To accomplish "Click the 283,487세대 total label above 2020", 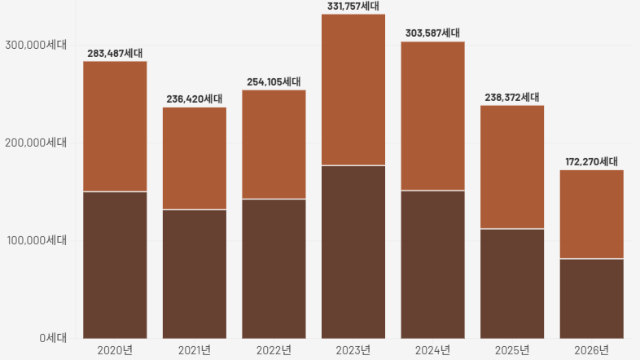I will pyautogui.click(x=115, y=54).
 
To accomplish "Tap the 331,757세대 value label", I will pyautogui.click(x=353, y=7).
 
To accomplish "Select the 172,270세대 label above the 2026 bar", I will pyautogui.click(x=592, y=162).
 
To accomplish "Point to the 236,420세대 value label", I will pyautogui.click(x=195, y=99).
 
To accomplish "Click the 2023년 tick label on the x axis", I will pyautogui.click(x=353, y=350).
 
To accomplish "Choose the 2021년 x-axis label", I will pyautogui.click(x=195, y=350).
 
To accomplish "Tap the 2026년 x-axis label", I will pyautogui.click(x=592, y=350).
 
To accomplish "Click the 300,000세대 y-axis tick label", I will pyautogui.click(x=36, y=45).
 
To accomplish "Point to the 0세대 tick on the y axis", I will pyautogui.click(x=53, y=338).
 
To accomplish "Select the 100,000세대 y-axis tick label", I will pyautogui.click(x=36, y=240).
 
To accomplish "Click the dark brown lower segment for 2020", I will pyautogui.click(x=115, y=265).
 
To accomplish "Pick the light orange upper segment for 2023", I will pyautogui.click(x=353, y=90).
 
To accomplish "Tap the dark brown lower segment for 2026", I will pyautogui.click(x=592, y=298).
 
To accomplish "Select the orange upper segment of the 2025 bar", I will pyautogui.click(x=512, y=167).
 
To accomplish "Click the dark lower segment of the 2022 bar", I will pyautogui.click(x=274, y=269).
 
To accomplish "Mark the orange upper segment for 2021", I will pyautogui.click(x=195, y=159).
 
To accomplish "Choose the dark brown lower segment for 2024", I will pyautogui.click(x=433, y=265).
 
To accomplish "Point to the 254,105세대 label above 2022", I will pyautogui.click(x=274, y=82).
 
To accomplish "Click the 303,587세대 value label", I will pyautogui.click(x=433, y=33).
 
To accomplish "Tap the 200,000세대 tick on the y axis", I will pyautogui.click(x=36, y=143).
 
